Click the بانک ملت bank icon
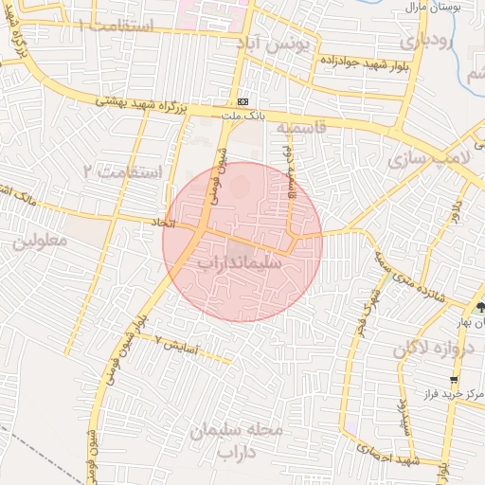point(244,101)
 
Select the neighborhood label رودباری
point(422,41)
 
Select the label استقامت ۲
point(123,171)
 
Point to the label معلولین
point(41,241)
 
